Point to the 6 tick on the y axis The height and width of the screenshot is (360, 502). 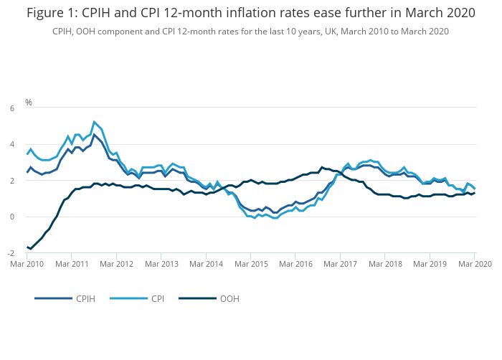(11, 108)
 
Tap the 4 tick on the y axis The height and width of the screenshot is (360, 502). (11, 144)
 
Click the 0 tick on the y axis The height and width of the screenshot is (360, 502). (11, 217)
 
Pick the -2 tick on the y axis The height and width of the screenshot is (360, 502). (10, 253)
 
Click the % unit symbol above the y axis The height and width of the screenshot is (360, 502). (29, 103)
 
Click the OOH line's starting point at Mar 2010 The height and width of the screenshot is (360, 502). (27, 247)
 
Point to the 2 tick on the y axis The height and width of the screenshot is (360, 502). (11, 181)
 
